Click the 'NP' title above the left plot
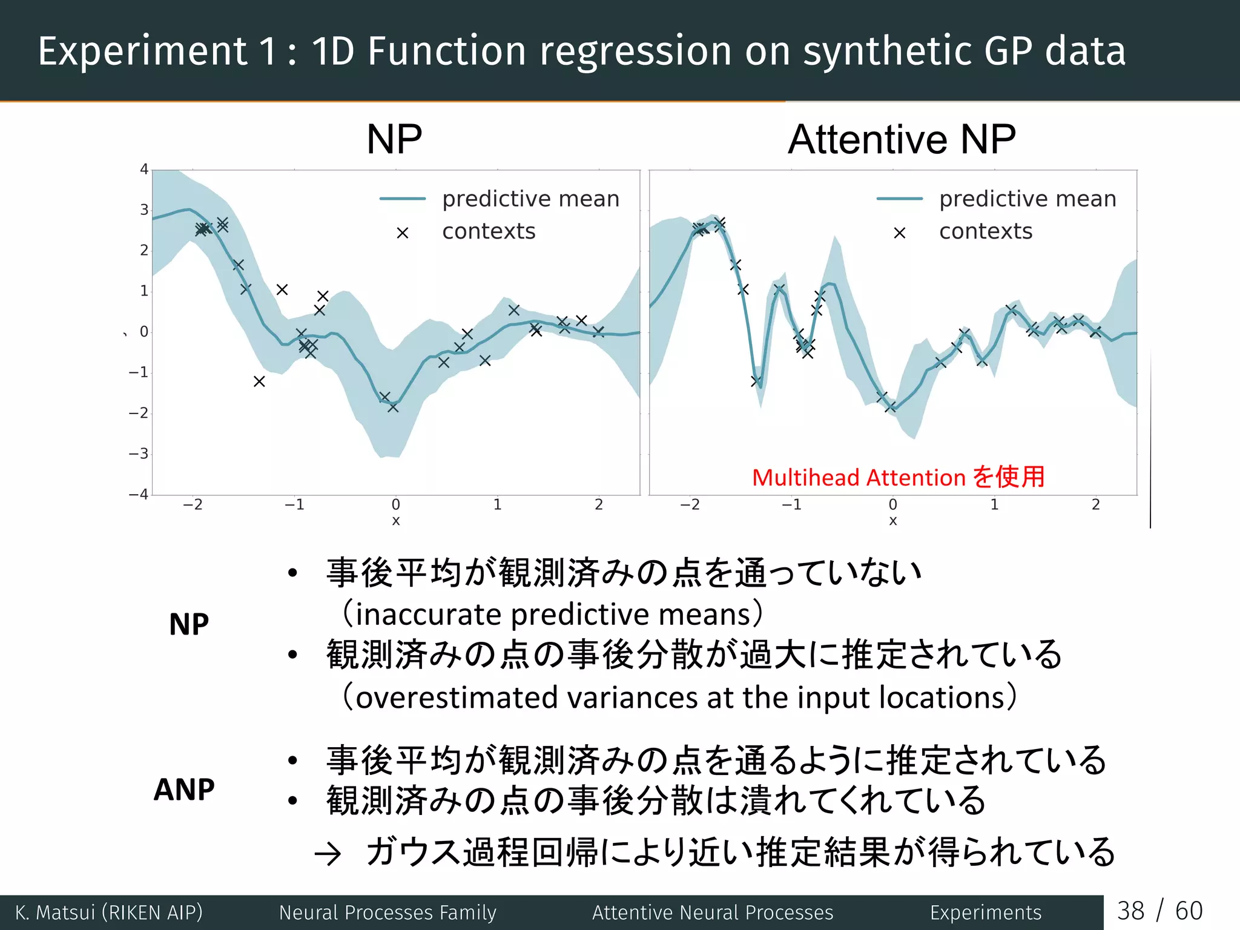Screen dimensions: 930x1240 click(x=394, y=140)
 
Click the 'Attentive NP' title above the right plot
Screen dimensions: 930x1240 click(x=902, y=140)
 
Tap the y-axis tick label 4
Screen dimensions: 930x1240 click(x=144, y=170)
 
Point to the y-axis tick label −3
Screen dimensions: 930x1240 click(x=139, y=453)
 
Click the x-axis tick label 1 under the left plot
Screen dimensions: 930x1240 click(x=497, y=505)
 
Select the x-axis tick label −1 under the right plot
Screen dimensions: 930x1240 click(x=791, y=505)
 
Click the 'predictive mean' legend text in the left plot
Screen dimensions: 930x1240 click(x=531, y=199)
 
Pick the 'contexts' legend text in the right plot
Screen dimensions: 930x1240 click(x=986, y=231)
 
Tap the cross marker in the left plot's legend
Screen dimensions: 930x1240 click(x=403, y=233)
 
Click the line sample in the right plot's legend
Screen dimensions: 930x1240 click(x=900, y=199)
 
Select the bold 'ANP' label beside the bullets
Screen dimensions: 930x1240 click(x=184, y=790)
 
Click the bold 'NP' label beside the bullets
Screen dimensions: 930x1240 click(x=189, y=624)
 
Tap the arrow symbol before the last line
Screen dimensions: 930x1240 click(x=328, y=854)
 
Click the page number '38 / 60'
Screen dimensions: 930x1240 click(x=1159, y=911)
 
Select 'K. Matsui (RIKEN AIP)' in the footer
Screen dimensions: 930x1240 click(x=109, y=912)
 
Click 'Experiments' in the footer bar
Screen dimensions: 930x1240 click(x=986, y=912)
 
